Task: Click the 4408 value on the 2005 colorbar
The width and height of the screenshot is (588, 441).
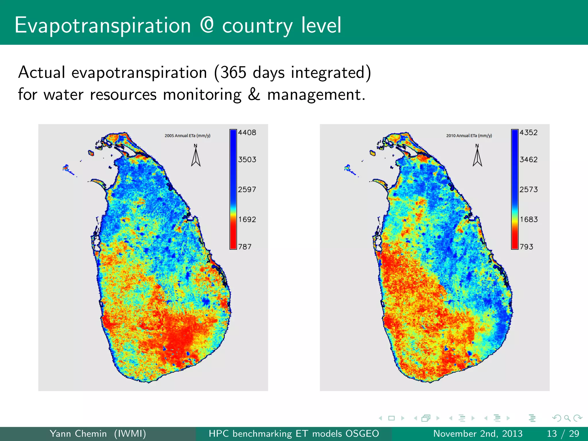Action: [x=247, y=133]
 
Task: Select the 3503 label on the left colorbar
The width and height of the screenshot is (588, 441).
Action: [x=247, y=160]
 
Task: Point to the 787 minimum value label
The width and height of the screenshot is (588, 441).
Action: [x=245, y=247]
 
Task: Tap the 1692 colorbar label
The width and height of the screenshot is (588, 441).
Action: [x=247, y=219]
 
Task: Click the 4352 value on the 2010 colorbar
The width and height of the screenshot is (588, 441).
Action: [x=528, y=133]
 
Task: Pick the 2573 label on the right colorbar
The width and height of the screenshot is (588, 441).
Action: [x=528, y=189]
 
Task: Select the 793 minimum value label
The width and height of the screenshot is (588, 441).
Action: [x=526, y=247]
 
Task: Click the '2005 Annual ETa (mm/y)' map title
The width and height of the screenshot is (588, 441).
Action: [x=187, y=136]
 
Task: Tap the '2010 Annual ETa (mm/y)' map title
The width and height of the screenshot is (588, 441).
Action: [x=469, y=136]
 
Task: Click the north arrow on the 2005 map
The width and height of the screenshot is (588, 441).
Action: [x=196, y=156]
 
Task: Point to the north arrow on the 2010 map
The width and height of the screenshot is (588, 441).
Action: [x=477, y=156]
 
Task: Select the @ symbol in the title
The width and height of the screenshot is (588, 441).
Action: [x=207, y=25]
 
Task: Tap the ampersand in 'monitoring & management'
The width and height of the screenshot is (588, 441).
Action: [x=254, y=94]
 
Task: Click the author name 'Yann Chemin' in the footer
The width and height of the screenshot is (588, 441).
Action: [x=78, y=434]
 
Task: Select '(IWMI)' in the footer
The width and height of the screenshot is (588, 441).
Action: [x=130, y=434]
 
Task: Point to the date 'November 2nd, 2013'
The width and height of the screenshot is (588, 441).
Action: [x=478, y=434]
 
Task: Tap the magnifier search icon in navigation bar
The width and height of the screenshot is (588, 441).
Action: [x=567, y=418]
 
